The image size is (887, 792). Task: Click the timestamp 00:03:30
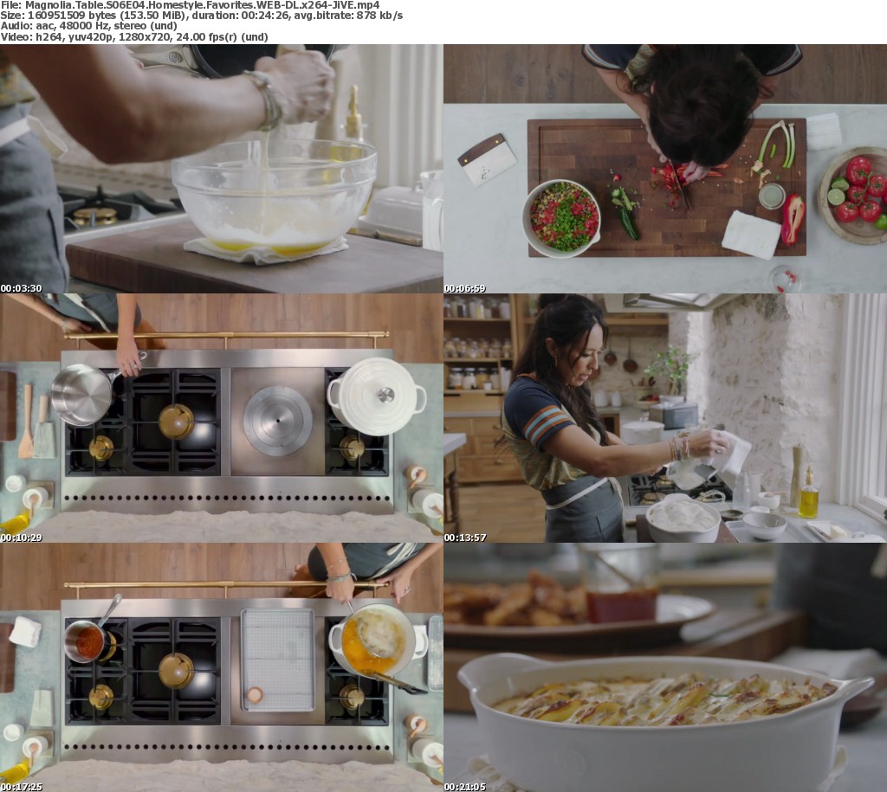21,288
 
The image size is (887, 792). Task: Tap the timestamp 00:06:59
464,288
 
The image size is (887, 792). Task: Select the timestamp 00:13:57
464,538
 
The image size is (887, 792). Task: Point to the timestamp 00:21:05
464,787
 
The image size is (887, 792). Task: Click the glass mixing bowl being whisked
274,195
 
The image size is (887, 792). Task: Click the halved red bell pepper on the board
793,219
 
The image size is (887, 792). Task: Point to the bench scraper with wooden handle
487,160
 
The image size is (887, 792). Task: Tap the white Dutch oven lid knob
385,395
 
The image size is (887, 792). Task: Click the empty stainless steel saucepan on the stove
84,393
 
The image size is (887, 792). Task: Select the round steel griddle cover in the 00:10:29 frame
277,421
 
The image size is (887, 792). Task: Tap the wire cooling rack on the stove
278,660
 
